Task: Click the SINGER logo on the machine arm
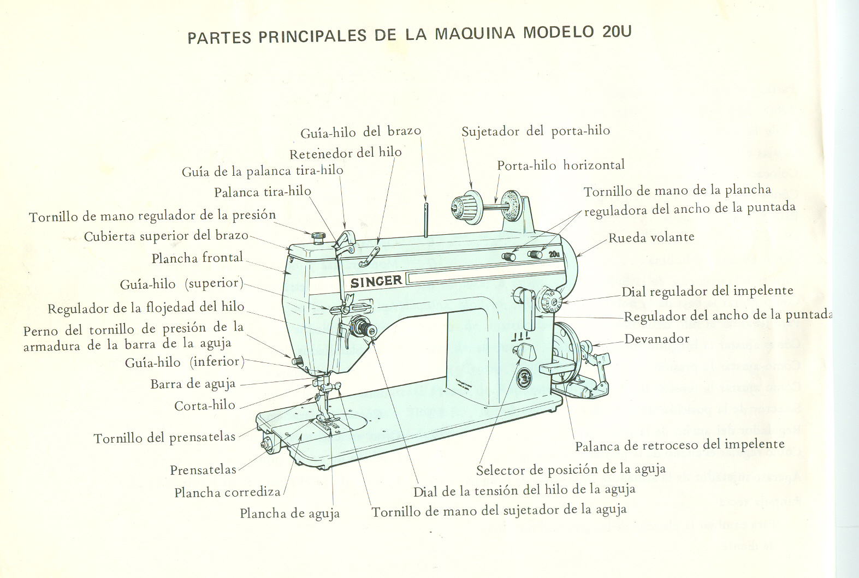pyautogui.click(x=376, y=282)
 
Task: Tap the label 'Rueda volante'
pyautogui.click(x=651, y=237)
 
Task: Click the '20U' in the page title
pyautogui.click(x=617, y=31)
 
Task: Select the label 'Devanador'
pyautogui.click(x=656, y=339)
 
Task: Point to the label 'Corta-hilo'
pyautogui.click(x=205, y=406)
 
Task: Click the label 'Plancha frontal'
pyautogui.click(x=197, y=258)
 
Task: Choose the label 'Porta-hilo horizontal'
pyautogui.click(x=560, y=165)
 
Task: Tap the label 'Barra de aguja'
pyautogui.click(x=193, y=384)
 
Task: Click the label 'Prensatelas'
pyautogui.click(x=203, y=470)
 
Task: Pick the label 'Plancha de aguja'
pyautogui.click(x=289, y=514)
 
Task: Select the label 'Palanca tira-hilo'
pyautogui.click(x=262, y=192)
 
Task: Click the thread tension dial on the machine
pyautogui.click(x=362, y=327)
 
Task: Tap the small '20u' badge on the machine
pyautogui.click(x=554, y=254)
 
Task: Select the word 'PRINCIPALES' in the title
pyautogui.click(x=312, y=36)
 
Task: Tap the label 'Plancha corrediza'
pyautogui.click(x=227, y=493)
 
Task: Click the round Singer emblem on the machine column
pyautogui.click(x=525, y=378)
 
